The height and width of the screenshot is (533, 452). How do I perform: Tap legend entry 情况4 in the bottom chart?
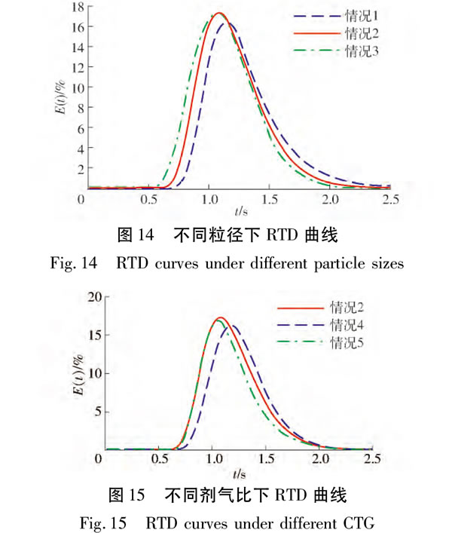click(x=347, y=325)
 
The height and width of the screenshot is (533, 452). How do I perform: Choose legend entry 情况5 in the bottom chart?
click(x=347, y=344)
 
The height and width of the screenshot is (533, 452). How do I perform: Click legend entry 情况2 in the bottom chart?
click(x=347, y=307)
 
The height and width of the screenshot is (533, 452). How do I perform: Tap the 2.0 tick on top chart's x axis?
click(x=329, y=199)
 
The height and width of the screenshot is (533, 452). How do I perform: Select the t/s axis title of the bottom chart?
click(x=239, y=474)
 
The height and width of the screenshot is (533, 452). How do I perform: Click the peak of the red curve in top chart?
click(x=219, y=13)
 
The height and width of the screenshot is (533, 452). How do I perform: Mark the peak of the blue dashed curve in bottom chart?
click(x=231, y=326)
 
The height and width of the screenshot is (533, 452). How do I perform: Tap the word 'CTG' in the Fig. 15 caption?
click(x=359, y=521)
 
